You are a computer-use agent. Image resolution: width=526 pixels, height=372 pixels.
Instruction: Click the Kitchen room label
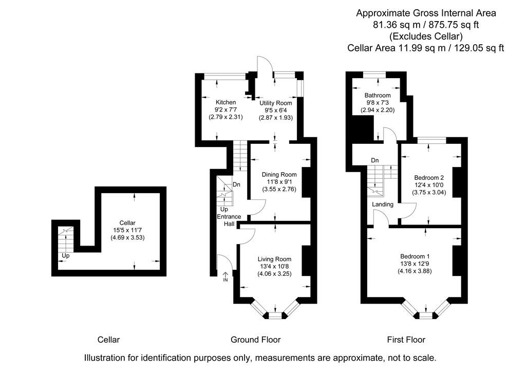tap(226, 102)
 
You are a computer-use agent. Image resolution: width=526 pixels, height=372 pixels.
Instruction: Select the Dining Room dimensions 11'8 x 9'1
tap(279, 182)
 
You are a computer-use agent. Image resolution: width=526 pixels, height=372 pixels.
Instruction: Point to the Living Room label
tap(274, 259)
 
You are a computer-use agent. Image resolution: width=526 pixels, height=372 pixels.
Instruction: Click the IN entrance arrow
tap(225, 278)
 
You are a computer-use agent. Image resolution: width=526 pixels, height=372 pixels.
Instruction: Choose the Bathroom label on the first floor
tap(378, 95)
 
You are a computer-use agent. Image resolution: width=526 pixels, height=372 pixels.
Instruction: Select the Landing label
tap(383, 204)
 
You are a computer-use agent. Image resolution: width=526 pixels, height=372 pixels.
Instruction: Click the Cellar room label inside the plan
tap(127, 222)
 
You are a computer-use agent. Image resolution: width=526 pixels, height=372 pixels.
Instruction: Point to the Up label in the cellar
tap(65, 255)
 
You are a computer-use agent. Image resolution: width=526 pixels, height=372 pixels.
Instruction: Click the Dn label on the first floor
tap(375, 161)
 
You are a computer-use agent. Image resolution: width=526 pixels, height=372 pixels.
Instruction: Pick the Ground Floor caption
tap(255, 340)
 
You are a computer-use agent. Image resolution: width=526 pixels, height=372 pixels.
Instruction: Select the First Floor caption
tap(406, 340)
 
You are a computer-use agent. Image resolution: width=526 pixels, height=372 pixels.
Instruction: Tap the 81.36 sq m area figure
tap(394, 25)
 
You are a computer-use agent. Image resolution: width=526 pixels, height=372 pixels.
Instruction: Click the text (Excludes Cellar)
tap(426, 36)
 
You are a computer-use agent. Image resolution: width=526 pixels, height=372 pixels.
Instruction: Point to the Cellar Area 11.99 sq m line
tap(426, 48)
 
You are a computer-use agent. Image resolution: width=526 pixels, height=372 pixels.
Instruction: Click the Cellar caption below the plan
tap(108, 340)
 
